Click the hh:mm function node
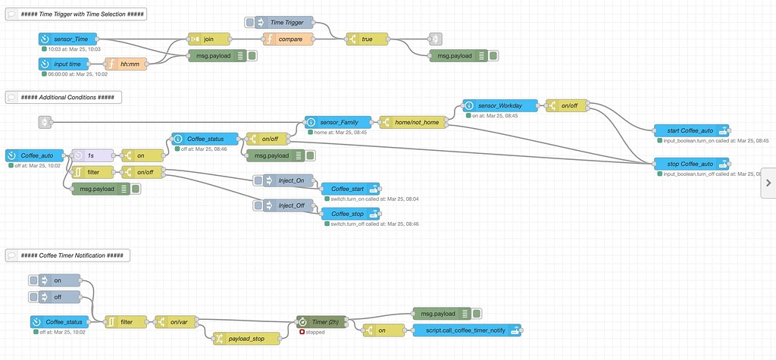[x=130, y=64]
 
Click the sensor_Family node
[x=338, y=122]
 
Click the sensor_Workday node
[x=500, y=105]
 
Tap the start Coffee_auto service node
[x=690, y=130]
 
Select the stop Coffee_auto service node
[x=690, y=164]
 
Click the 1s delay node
[x=92, y=155]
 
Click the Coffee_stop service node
[x=349, y=214]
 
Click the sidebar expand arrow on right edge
[x=768, y=183]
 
